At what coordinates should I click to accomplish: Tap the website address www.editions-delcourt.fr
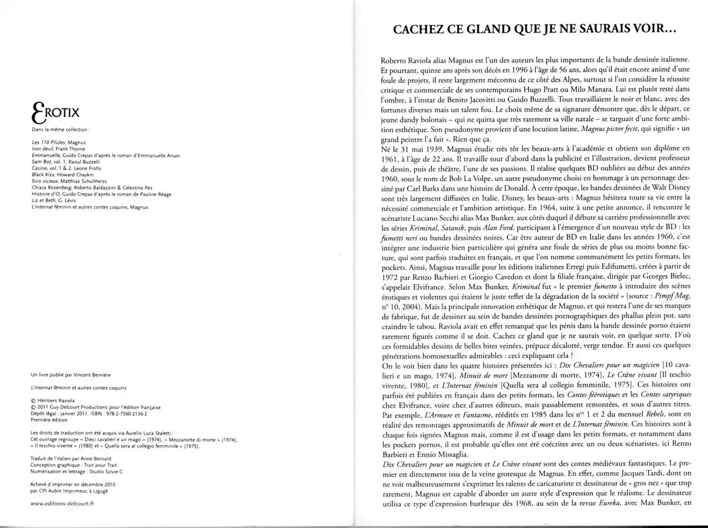click(x=63, y=503)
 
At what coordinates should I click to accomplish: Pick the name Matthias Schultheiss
click(x=81, y=181)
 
